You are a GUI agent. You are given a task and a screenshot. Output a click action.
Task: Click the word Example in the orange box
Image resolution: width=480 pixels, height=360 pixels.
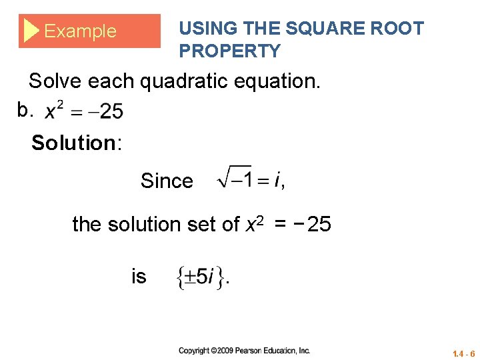[x=80, y=31]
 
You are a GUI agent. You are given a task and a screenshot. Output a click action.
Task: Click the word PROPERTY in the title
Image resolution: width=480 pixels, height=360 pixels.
[x=230, y=51]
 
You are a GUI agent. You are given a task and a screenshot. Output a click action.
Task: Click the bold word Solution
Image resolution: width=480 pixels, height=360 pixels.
[x=73, y=143]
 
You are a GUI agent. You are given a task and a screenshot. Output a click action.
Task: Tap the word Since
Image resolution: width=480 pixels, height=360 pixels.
[x=167, y=181]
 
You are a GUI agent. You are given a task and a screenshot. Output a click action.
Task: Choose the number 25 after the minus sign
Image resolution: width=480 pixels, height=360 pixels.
[x=319, y=225]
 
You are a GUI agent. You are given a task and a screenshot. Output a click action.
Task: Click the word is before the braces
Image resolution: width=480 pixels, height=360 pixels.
[x=139, y=276]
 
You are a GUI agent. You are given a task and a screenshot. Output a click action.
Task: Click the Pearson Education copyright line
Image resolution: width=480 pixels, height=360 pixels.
[x=245, y=351]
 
